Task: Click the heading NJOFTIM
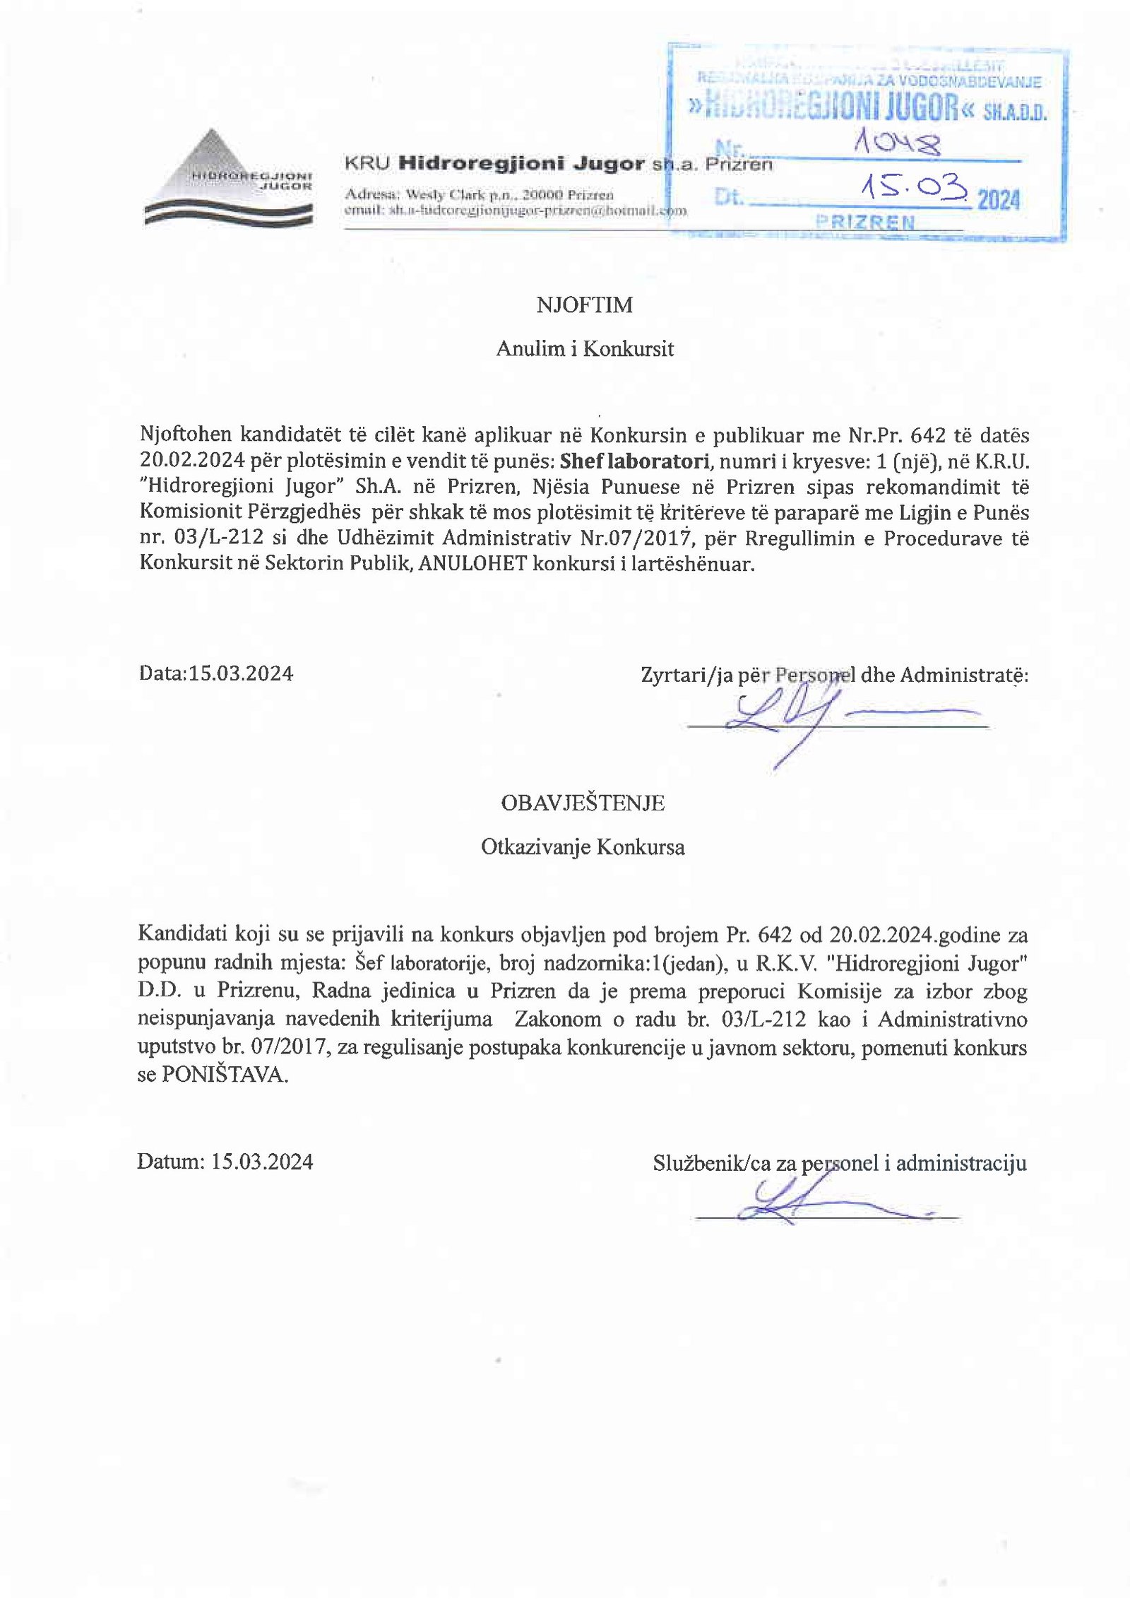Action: (584, 305)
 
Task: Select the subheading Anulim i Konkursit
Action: (585, 348)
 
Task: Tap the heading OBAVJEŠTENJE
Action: (583, 803)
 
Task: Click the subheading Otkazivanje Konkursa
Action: (583, 847)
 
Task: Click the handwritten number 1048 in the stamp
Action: (898, 144)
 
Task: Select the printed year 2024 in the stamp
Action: (999, 201)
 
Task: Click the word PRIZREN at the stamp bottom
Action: (865, 223)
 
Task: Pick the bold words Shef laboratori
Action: (634, 461)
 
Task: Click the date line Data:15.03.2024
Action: (216, 673)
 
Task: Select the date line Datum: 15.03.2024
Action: (225, 1162)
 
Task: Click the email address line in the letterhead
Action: (515, 211)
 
